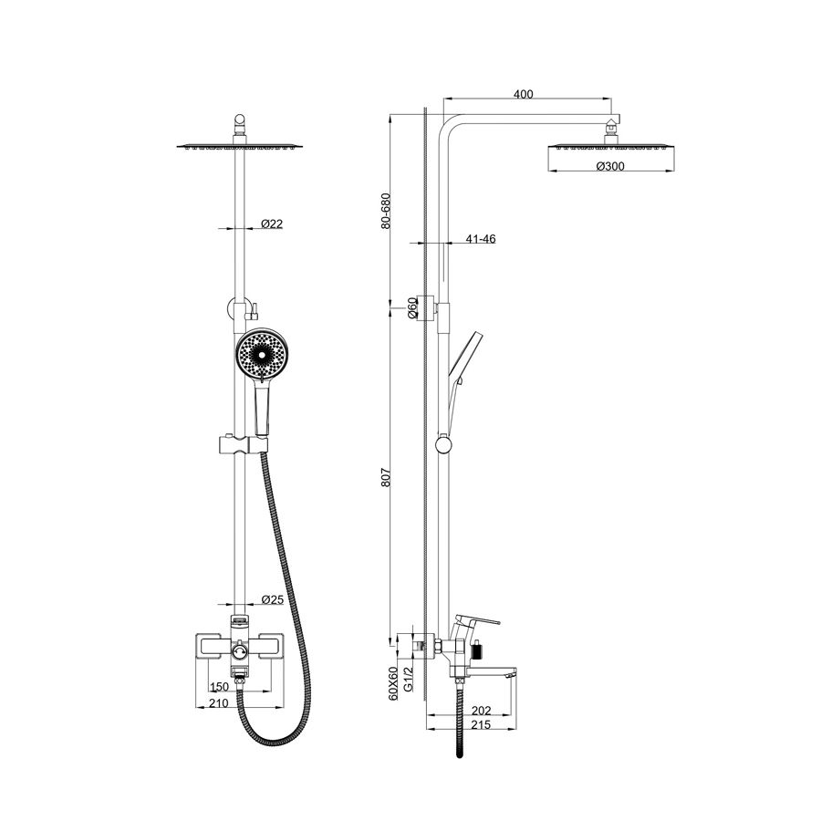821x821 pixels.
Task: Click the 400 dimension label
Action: click(523, 94)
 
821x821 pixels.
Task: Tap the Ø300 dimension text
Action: click(610, 166)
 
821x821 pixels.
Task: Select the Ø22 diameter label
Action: click(272, 223)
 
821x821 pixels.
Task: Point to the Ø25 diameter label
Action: click(272, 599)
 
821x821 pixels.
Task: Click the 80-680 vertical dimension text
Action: click(386, 211)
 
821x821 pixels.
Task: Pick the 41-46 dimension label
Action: click(481, 239)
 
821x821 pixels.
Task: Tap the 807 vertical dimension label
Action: click(386, 477)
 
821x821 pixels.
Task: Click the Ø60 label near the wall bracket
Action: click(412, 307)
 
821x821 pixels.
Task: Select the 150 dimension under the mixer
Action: click(219, 686)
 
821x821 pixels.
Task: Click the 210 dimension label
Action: click(219, 702)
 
